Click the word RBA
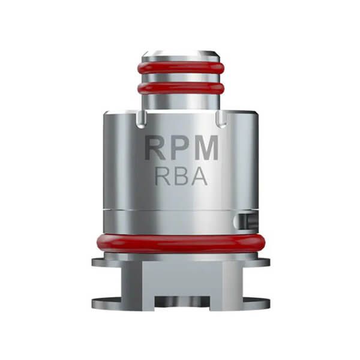click(181, 176)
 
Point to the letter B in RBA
click(181, 176)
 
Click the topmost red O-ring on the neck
click(181, 67)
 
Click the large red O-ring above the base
click(181, 243)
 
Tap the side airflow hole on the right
click(242, 220)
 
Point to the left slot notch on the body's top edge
click(140, 120)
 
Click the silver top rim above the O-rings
click(181, 54)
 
